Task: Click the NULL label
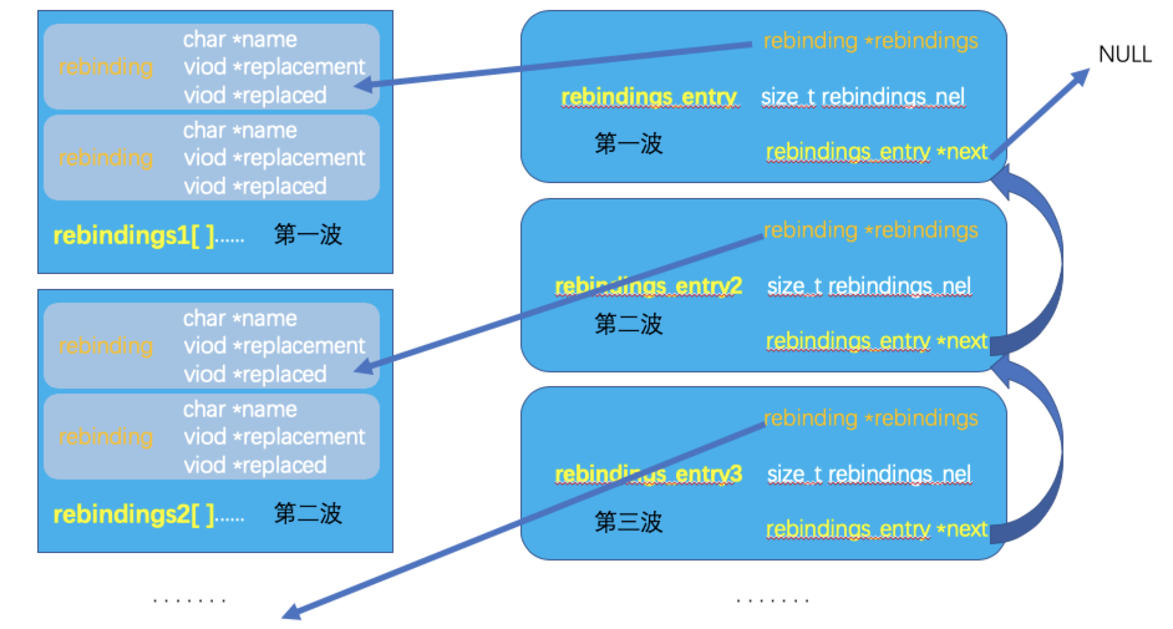[1124, 54]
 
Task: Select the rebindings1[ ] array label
[149, 235]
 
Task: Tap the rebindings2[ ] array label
[149, 514]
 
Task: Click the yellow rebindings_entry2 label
[648, 286]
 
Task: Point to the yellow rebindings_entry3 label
[648, 475]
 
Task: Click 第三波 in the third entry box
[629, 522]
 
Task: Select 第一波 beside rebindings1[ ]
[308, 235]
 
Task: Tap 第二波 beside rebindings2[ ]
[308, 514]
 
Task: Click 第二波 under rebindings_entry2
[629, 324]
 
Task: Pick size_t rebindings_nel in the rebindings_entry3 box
[869, 475]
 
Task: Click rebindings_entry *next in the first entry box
[877, 151]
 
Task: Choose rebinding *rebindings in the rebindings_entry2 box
[870, 230]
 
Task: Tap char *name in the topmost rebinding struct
[240, 39]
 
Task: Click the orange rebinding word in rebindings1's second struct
[105, 158]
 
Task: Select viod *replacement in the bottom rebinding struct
[274, 437]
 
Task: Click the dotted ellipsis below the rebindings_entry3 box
[772, 601]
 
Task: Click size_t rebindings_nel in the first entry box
[863, 97]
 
